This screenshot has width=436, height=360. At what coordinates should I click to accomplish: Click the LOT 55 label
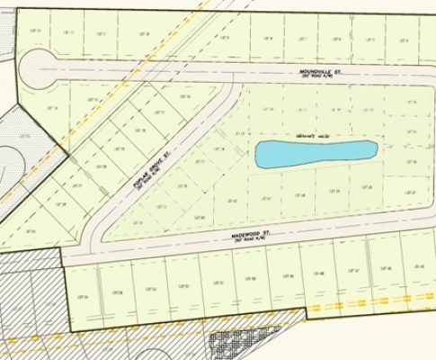[x=84, y=297]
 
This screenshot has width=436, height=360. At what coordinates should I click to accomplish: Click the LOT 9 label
[x=224, y=39]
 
